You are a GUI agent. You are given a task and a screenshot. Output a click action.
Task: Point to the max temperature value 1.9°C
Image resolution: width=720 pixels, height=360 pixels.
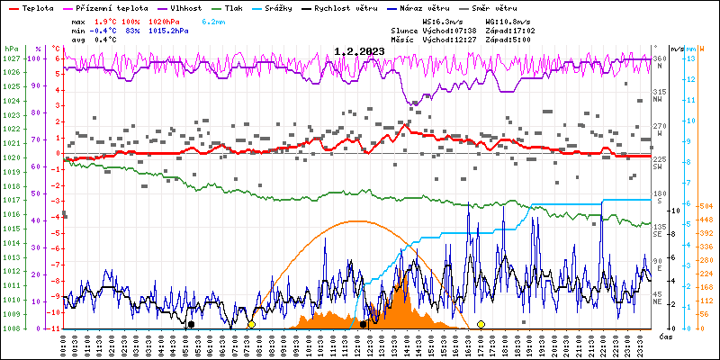[x=109, y=20]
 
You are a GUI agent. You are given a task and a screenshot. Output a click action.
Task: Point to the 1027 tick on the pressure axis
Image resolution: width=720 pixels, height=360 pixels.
[x=11, y=58]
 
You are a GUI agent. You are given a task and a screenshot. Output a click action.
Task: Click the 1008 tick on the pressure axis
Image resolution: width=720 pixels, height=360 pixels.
[x=11, y=328]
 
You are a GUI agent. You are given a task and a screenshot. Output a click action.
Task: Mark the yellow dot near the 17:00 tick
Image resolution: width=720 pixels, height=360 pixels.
[x=481, y=324]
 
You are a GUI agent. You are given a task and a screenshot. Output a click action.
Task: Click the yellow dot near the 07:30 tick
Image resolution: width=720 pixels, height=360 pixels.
[x=251, y=324]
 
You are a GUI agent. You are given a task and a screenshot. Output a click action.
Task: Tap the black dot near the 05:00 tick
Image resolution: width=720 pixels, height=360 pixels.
[x=190, y=324]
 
